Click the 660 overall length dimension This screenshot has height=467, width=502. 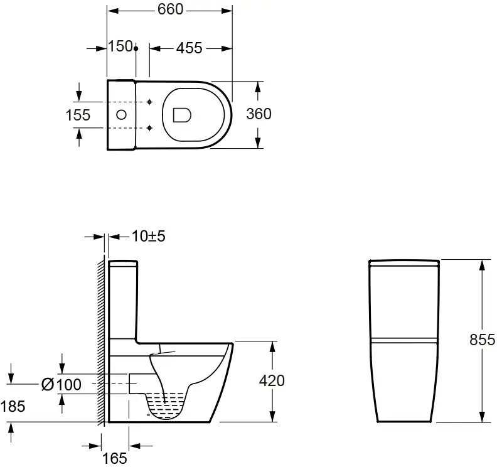(x=170, y=9)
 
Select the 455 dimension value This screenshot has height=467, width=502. (x=190, y=48)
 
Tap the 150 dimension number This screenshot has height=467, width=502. (x=120, y=46)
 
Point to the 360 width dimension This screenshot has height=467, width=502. (x=259, y=114)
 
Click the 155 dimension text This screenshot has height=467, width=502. (x=78, y=115)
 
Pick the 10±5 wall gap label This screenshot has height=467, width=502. (x=149, y=237)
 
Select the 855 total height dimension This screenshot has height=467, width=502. (x=482, y=340)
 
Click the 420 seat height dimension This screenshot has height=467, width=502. (x=272, y=381)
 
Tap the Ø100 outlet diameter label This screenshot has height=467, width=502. (x=61, y=384)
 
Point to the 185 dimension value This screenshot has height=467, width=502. (x=13, y=407)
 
